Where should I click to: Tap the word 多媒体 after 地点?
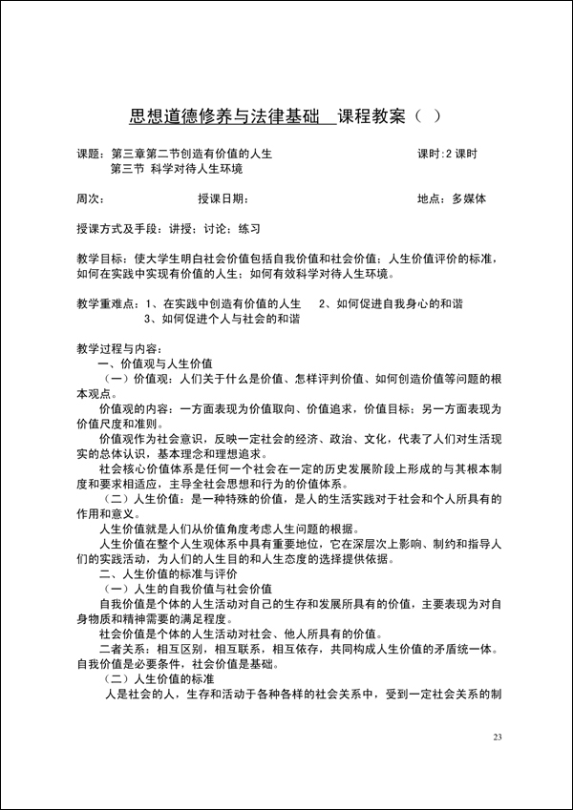469,199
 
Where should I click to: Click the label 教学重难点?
104,303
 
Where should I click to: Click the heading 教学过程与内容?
119,348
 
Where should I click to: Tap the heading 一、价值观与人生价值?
156,363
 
